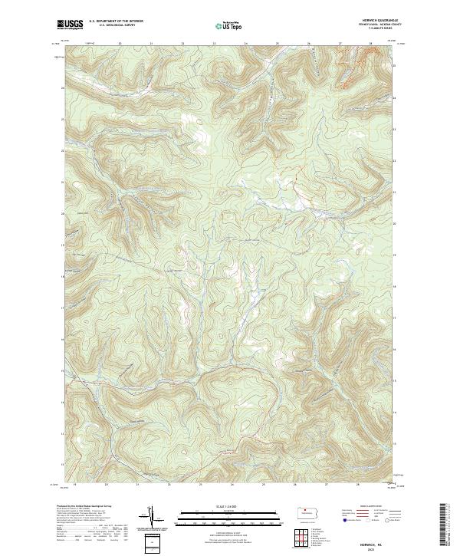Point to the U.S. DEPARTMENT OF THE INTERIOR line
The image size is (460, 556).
click(x=116, y=21)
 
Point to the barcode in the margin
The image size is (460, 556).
click(x=443, y=525)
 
